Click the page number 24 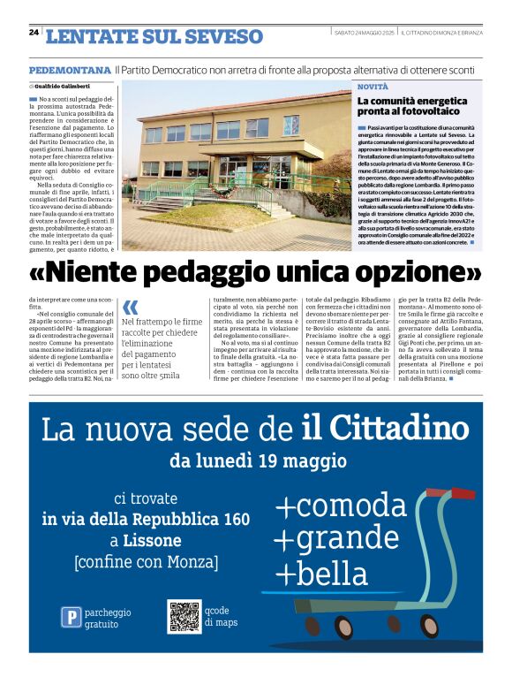[x=34, y=32]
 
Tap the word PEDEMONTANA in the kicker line [x=70, y=69]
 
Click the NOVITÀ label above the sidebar [x=373, y=87]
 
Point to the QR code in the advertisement [x=184, y=616]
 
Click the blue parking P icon [x=71, y=617]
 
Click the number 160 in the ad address [x=236, y=520]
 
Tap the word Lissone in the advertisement [x=153, y=539]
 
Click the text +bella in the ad [x=321, y=573]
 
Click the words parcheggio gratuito [x=109, y=618]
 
